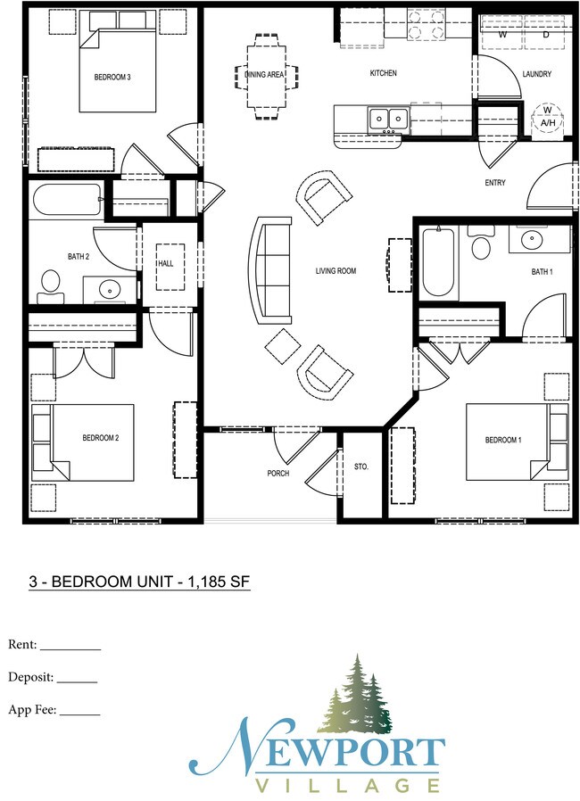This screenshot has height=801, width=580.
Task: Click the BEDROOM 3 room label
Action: [112, 77]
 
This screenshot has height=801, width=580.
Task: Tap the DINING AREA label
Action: [264, 75]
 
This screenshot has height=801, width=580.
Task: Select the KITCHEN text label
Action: [384, 73]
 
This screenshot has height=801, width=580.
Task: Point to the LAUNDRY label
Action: [536, 74]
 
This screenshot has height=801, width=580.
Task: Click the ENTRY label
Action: [494, 182]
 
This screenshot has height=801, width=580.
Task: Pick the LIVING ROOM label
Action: [336, 271]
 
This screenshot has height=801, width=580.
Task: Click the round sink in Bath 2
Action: [109, 290]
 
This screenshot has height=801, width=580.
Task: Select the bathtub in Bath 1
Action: [438, 261]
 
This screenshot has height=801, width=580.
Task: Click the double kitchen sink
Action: [389, 120]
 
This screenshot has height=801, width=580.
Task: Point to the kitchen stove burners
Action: [425, 24]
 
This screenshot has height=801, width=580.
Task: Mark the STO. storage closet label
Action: [361, 467]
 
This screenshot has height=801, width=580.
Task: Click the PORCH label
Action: [278, 474]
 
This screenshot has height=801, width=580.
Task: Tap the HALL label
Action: [166, 264]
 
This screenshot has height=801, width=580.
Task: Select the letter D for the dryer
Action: [546, 35]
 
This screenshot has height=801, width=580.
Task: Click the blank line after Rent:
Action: [70, 649]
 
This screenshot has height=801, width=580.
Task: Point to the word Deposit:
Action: [30, 678]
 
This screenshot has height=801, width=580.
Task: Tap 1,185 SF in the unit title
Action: [220, 582]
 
